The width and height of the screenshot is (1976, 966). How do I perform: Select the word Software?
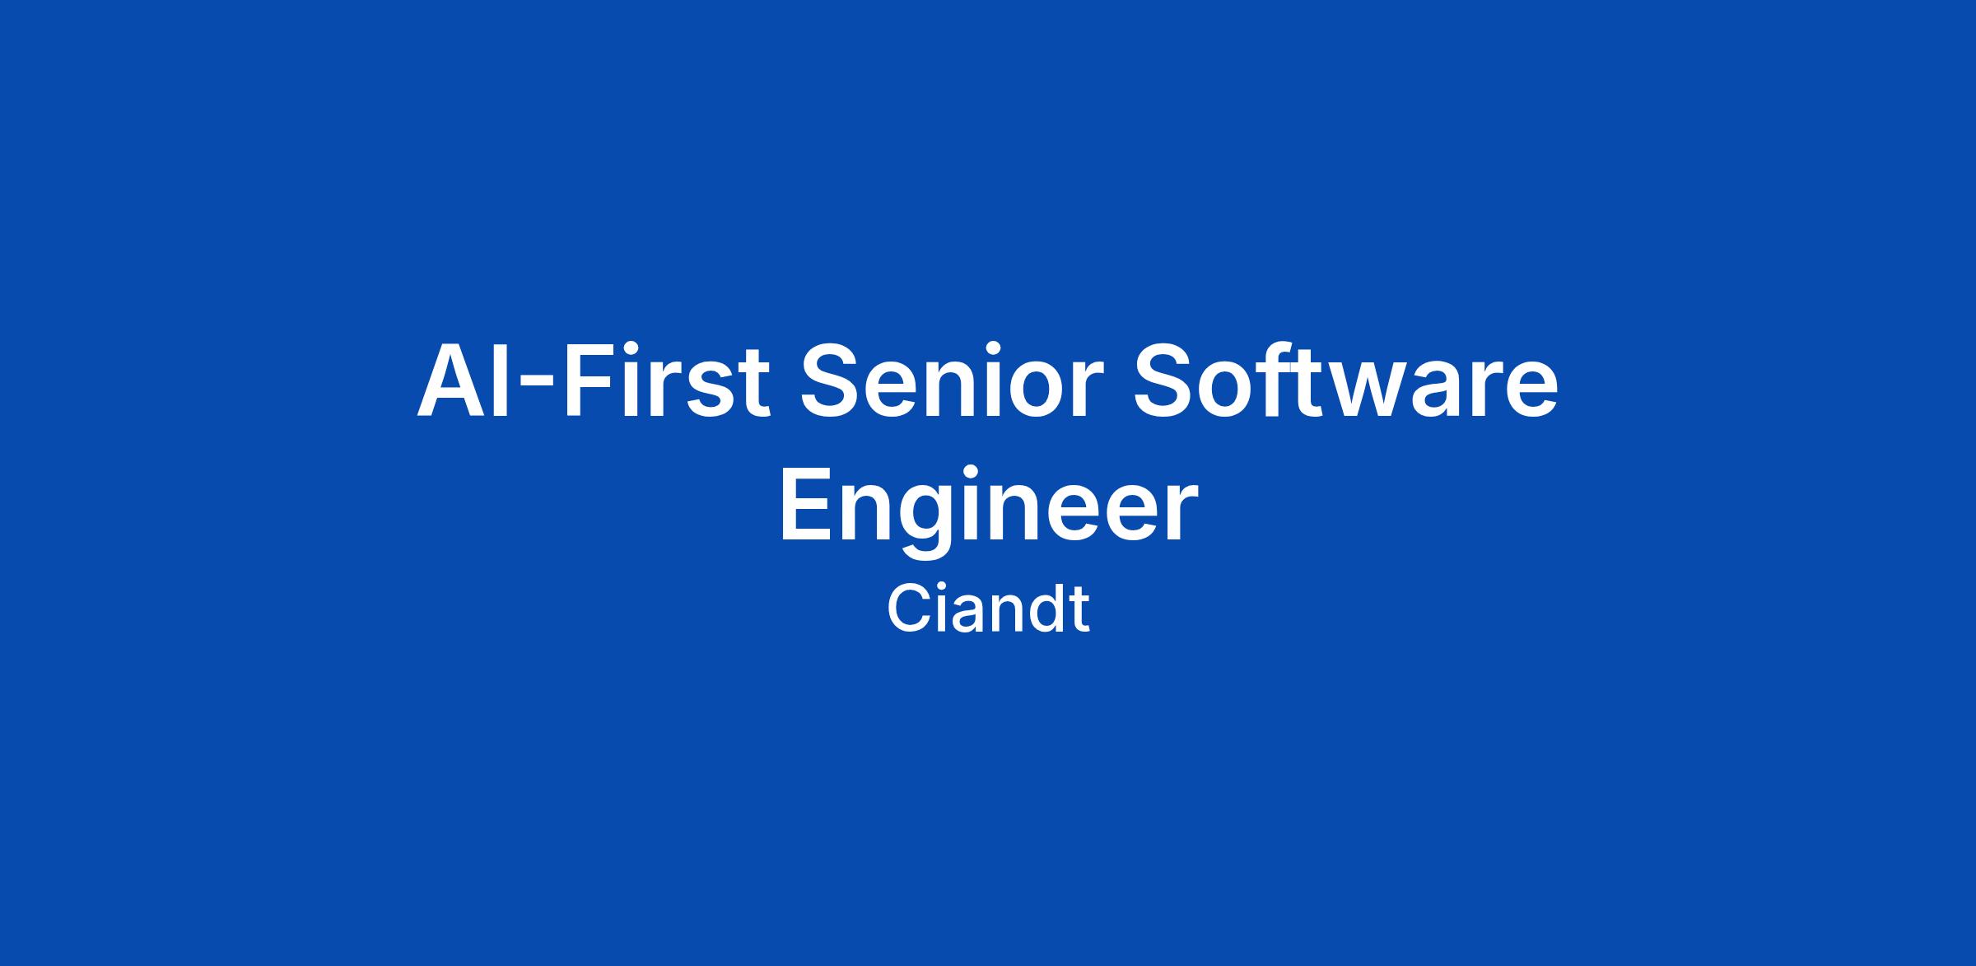tap(1346, 381)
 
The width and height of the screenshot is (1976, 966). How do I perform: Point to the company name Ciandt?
tap(988, 609)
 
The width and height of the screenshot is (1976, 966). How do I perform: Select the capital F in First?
tap(588, 380)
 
